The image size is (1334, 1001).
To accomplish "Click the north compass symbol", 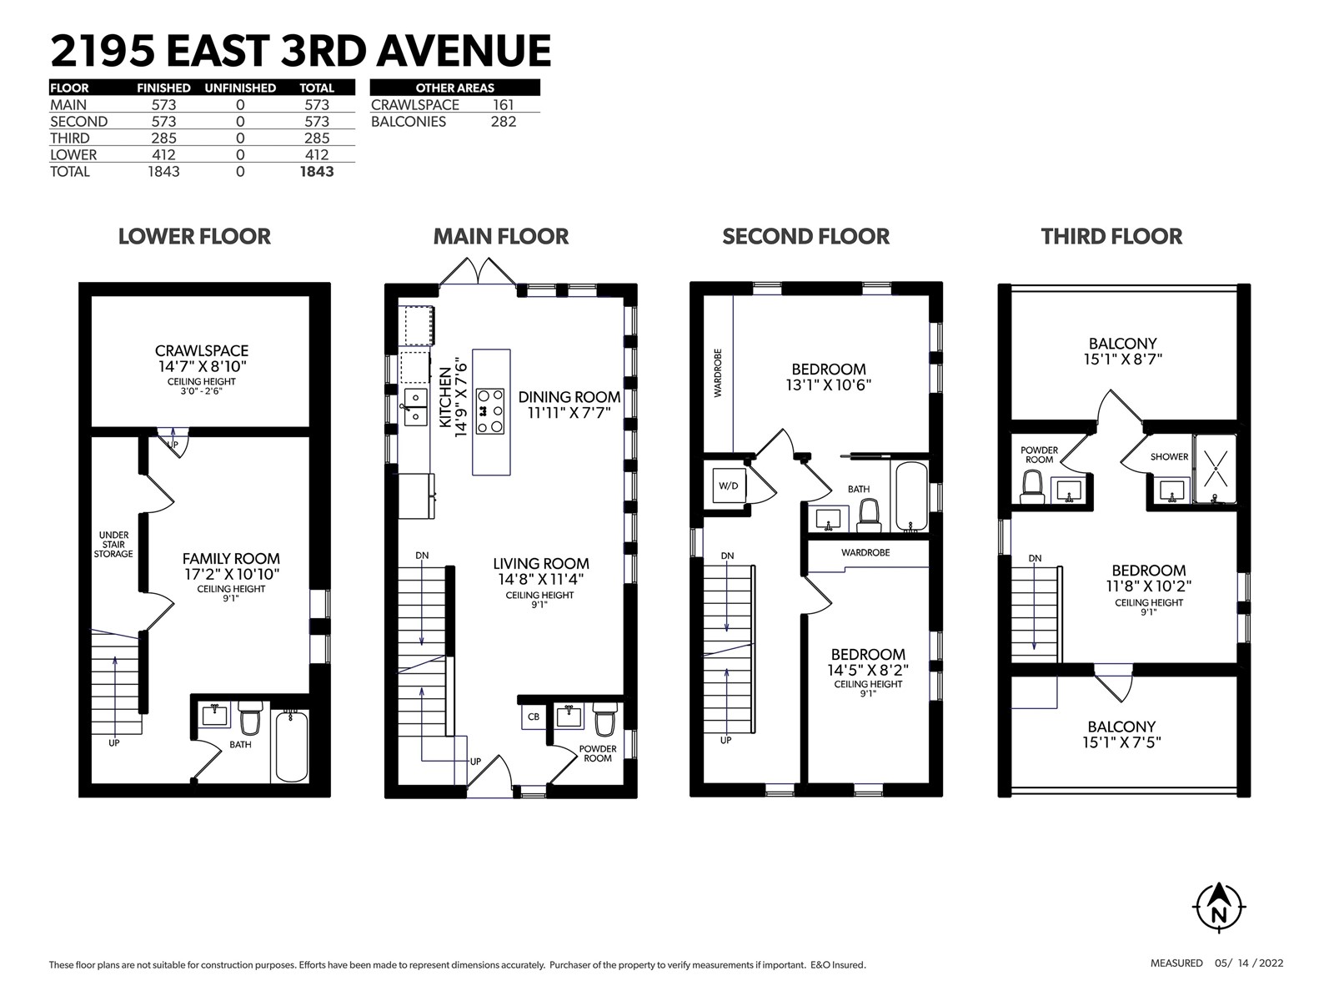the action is click(x=1219, y=908).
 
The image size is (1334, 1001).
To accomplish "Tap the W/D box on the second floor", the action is click(x=729, y=485).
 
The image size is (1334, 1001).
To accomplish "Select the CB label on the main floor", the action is click(x=533, y=717).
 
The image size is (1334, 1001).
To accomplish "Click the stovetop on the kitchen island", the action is click(x=490, y=411).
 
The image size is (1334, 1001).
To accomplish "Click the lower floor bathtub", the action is click(x=292, y=746).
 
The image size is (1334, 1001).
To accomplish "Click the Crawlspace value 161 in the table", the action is click(x=504, y=105).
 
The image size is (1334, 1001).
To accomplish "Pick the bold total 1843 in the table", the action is click(x=317, y=171).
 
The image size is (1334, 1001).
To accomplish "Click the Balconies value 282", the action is click(x=504, y=122).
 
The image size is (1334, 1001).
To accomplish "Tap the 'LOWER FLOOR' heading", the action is click(x=194, y=236).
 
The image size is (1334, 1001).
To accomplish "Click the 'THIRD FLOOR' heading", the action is click(x=1111, y=236).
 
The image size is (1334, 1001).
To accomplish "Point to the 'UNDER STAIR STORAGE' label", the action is click(x=113, y=545).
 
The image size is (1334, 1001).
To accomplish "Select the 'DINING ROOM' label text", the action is click(x=569, y=397).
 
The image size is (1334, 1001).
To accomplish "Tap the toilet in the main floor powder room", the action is click(x=605, y=719).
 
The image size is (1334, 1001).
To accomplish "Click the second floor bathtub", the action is click(x=911, y=496).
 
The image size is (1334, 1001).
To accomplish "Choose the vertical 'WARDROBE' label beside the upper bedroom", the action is click(x=719, y=373).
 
